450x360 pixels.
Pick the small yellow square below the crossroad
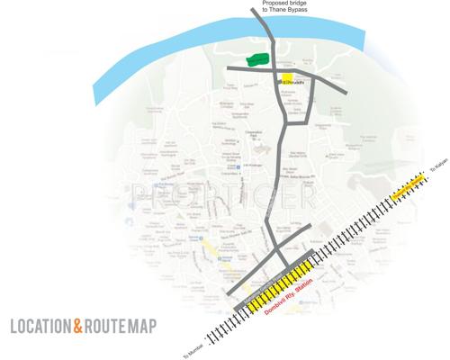288,78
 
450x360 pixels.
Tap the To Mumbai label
191,347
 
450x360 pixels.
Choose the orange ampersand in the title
77,325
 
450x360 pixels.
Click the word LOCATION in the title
40,325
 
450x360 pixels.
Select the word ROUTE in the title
106,325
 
